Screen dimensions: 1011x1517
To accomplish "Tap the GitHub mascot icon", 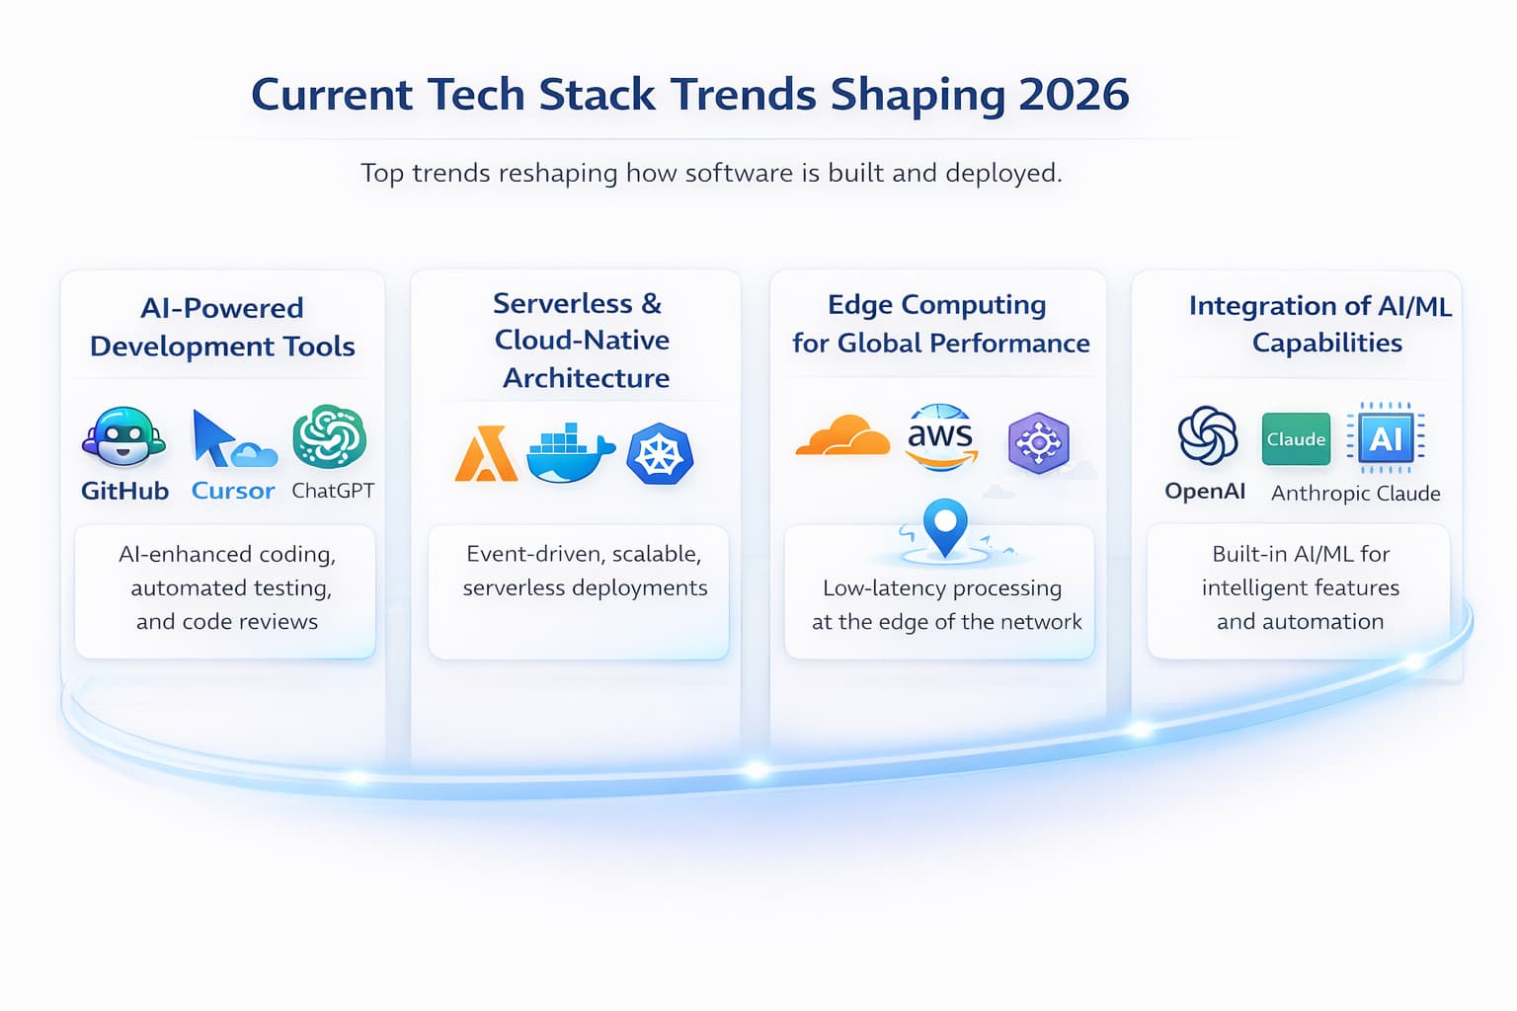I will [x=123, y=436].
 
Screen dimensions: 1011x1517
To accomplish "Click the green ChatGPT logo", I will [x=330, y=435].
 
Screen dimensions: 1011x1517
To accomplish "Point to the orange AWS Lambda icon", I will [x=485, y=454].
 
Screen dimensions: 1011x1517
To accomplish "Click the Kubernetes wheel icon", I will [x=660, y=454].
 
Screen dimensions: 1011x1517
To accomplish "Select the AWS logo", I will [x=940, y=434].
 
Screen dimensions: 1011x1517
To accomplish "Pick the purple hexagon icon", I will [x=1038, y=442].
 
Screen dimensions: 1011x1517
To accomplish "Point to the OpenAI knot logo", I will [x=1207, y=435].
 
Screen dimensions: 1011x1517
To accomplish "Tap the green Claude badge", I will [x=1296, y=439].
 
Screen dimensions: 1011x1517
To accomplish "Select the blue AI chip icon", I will [x=1386, y=436].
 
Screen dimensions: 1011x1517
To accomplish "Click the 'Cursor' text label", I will [x=233, y=491].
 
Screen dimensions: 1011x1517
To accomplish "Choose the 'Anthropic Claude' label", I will [x=1355, y=494].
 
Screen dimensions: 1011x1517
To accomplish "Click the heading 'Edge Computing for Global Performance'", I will [x=940, y=324].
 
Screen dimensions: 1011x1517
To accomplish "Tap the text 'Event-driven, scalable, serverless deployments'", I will [x=585, y=571].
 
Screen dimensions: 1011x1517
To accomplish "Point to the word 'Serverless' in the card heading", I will [x=563, y=303].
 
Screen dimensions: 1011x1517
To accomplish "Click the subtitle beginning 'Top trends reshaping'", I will [x=711, y=173].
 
